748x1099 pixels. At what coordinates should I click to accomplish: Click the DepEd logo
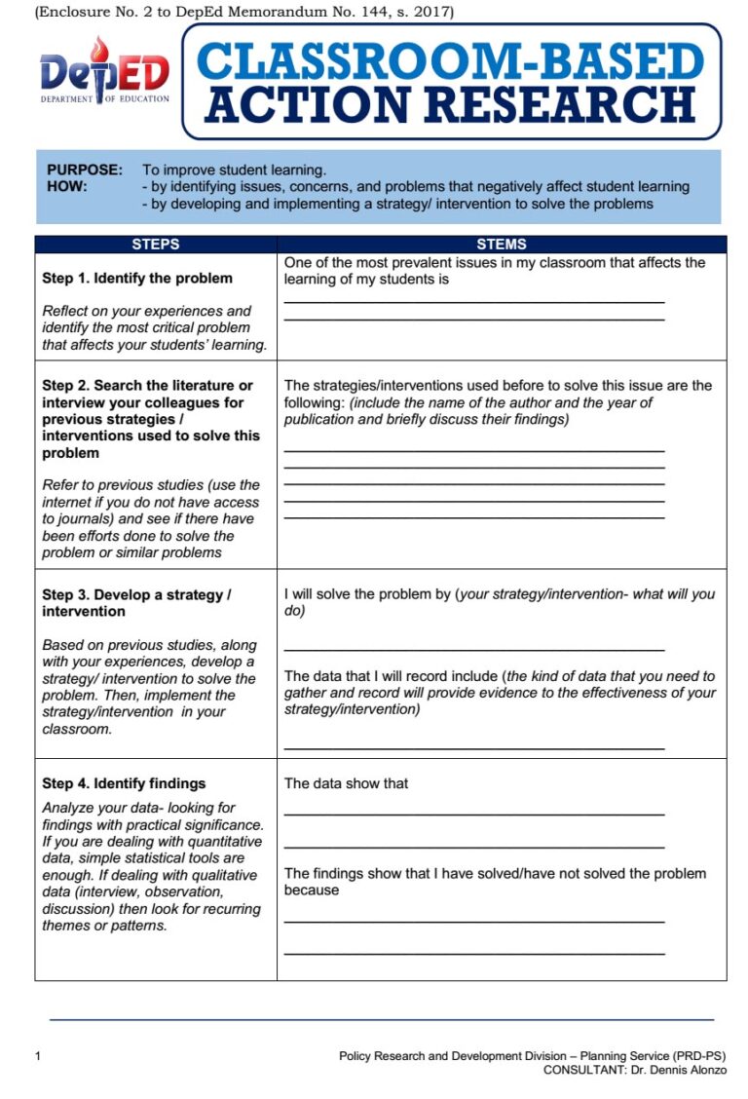(x=104, y=73)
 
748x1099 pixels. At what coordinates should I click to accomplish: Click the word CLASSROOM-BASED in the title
(x=451, y=61)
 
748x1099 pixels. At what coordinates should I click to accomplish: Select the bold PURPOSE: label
(x=85, y=170)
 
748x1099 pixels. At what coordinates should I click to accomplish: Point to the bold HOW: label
(x=67, y=186)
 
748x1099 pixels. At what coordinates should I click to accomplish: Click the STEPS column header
(x=156, y=245)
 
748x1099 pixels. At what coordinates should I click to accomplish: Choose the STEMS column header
(x=502, y=245)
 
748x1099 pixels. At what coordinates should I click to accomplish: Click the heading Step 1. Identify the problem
(x=137, y=279)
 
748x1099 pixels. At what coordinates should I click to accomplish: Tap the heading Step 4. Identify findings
(x=124, y=783)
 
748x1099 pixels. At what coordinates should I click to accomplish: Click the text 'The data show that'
(x=346, y=783)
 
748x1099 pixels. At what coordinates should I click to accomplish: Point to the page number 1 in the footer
(x=37, y=1056)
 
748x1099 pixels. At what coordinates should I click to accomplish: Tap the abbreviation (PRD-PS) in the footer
(x=698, y=1056)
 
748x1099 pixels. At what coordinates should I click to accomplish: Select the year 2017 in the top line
(x=430, y=12)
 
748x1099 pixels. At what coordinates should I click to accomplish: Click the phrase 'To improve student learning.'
(x=234, y=170)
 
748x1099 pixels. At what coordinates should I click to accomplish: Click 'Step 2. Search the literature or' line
(x=147, y=386)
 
